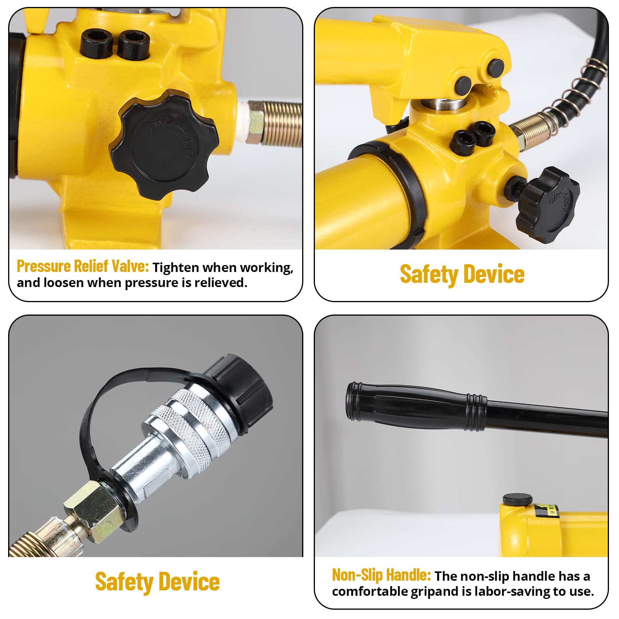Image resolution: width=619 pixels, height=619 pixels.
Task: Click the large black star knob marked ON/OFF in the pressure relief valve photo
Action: (164, 145)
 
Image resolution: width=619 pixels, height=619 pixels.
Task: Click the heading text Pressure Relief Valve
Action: (83, 266)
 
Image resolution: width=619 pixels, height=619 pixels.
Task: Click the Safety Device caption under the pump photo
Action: (462, 274)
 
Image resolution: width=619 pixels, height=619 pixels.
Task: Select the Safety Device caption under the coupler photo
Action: (157, 581)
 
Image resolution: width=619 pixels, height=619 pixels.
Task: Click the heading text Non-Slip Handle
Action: (381, 575)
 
